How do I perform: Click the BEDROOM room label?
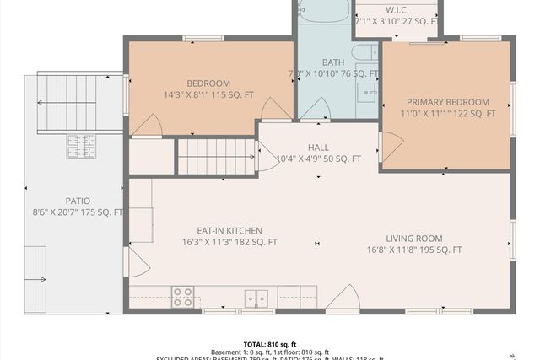(x=208, y=83)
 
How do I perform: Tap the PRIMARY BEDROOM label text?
(x=447, y=101)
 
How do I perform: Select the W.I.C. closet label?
(x=397, y=9)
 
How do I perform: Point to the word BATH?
(x=333, y=62)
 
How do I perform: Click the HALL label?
(x=319, y=148)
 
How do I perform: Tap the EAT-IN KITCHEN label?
(x=229, y=230)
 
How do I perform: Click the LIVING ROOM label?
(x=414, y=239)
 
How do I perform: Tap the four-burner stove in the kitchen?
(x=183, y=297)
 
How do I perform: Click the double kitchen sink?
(x=256, y=298)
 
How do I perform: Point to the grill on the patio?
(x=81, y=147)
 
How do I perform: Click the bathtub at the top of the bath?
(x=323, y=11)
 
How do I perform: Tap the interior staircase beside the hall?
(x=215, y=157)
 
